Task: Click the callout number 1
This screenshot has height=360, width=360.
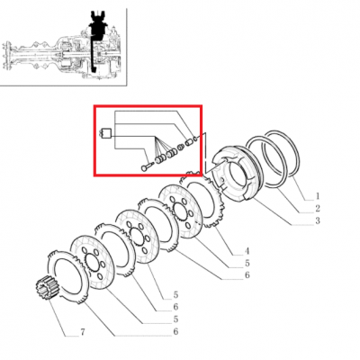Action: point(318,196)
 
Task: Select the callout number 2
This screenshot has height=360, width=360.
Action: point(318,208)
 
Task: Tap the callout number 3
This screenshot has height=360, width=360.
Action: point(318,220)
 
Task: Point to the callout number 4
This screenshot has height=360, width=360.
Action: point(247,251)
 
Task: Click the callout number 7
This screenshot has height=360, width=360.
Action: point(83,332)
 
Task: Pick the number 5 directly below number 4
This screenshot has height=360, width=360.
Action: point(247,263)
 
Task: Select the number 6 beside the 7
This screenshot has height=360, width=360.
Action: point(175,331)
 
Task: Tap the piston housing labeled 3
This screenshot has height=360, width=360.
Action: point(237,173)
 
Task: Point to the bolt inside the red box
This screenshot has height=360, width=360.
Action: point(147,166)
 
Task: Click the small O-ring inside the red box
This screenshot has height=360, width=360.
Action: point(195,139)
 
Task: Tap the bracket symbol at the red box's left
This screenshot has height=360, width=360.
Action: point(105,133)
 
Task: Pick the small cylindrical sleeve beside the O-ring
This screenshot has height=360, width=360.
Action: point(188,141)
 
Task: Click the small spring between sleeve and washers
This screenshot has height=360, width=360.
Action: point(181,147)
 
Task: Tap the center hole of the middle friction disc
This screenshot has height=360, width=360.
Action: point(137,236)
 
